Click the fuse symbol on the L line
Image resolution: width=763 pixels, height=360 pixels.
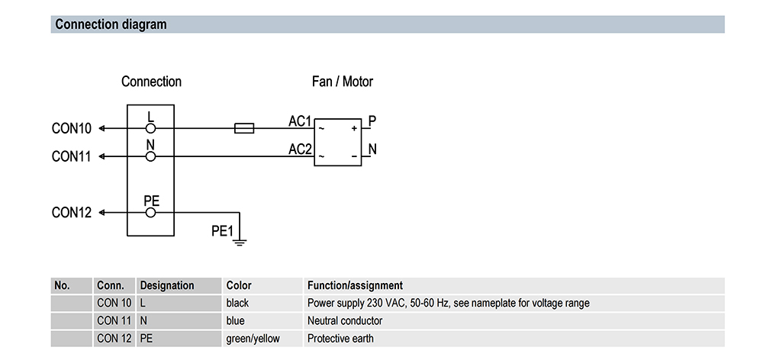[x=243, y=129]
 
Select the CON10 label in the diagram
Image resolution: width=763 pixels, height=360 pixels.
[x=72, y=129]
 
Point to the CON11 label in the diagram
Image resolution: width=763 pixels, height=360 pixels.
[x=72, y=156]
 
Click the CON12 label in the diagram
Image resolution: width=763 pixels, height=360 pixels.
[x=72, y=213]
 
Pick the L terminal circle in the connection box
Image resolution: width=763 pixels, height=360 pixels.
[x=151, y=129]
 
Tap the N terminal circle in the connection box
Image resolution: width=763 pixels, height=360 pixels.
[x=151, y=156]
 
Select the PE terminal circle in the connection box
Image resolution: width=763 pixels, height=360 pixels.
[x=151, y=213]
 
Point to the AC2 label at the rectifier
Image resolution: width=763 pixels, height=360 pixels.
[x=300, y=149]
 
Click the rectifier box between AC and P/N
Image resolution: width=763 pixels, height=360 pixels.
[x=338, y=143]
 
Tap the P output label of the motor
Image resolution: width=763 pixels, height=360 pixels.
[x=372, y=121]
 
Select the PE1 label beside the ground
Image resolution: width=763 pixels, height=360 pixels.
[x=221, y=230]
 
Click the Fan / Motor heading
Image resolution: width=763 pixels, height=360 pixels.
[x=343, y=82]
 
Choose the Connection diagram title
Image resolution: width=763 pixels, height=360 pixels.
[x=111, y=24]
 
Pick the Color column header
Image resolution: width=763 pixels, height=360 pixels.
[x=239, y=285]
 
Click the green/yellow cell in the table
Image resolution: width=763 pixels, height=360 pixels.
[x=253, y=339]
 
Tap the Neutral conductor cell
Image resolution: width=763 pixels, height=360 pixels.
[x=345, y=321]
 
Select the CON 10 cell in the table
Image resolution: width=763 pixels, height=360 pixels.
[x=114, y=303]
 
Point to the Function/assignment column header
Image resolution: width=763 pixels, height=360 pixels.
[x=355, y=285]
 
